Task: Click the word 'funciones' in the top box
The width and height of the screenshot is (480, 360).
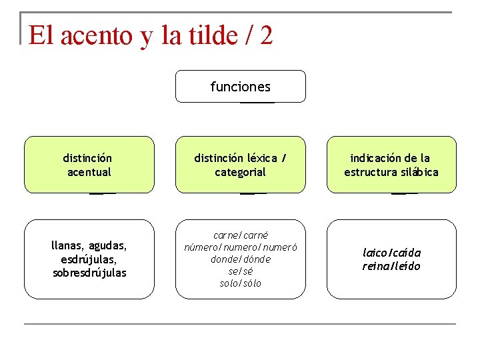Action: (x=240, y=87)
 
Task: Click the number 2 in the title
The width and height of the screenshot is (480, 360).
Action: (x=266, y=35)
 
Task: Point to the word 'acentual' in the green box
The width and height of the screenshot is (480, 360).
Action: (x=89, y=173)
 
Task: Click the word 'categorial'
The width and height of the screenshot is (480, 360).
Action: (x=240, y=173)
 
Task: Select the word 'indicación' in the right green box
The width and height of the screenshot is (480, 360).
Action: (x=375, y=159)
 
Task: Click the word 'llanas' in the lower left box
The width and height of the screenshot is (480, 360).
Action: (x=68, y=245)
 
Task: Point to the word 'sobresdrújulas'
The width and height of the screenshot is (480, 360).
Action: (x=89, y=273)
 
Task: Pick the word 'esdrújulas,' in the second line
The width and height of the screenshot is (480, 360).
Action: (x=89, y=259)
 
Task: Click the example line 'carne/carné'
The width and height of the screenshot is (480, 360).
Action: (x=240, y=235)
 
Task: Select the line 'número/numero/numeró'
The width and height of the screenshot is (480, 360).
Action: (x=240, y=247)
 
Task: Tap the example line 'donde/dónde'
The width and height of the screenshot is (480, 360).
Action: (x=240, y=259)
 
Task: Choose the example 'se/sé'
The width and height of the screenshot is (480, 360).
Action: (x=240, y=271)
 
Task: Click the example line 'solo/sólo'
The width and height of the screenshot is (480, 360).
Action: (x=240, y=283)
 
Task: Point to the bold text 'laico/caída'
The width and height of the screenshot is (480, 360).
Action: (x=391, y=253)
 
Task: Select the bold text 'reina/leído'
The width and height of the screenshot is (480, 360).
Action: (x=391, y=267)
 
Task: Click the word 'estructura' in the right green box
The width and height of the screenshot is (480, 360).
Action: (x=369, y=173)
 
